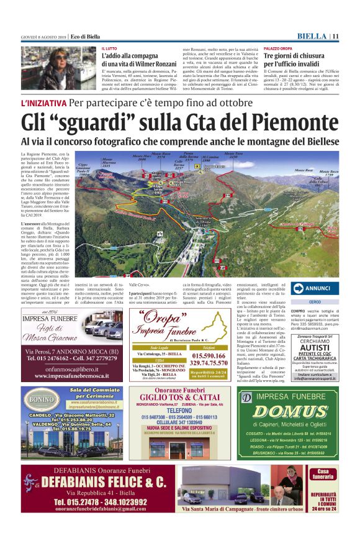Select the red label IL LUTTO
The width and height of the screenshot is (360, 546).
click(x=109, y=48)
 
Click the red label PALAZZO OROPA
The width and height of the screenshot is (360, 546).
click(x=278, y=48)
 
